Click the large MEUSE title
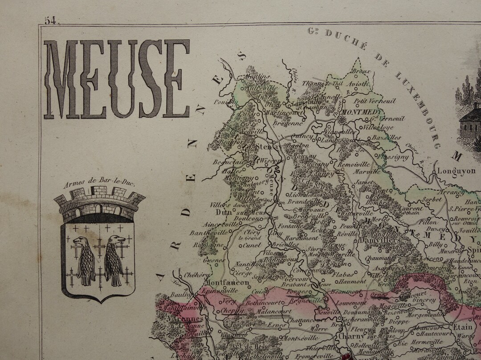(117, 79)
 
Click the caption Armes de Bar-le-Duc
(98, 183)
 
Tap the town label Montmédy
(361, 112)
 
